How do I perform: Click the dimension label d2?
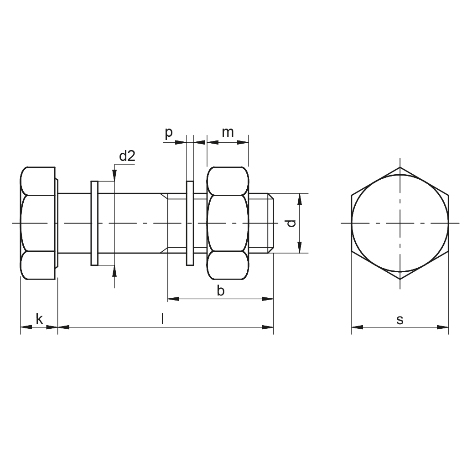coord(127,156)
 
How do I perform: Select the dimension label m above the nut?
coord(228,133)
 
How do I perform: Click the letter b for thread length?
coord(220,291)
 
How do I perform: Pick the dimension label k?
coord(39,319)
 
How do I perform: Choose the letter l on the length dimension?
coord(162,319)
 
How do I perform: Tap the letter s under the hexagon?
coord(400,320)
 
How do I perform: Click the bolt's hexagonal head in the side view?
coord(38,223)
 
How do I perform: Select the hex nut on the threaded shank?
coord(228,223)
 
